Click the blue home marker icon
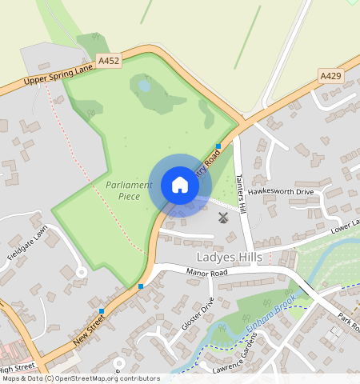180,185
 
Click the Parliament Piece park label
128,190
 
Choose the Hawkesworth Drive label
281,192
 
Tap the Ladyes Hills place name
230,257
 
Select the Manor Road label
207,272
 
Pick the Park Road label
349,323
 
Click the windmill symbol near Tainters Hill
223,217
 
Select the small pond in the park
145,85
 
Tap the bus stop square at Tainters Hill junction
218,146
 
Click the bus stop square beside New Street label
102,310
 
